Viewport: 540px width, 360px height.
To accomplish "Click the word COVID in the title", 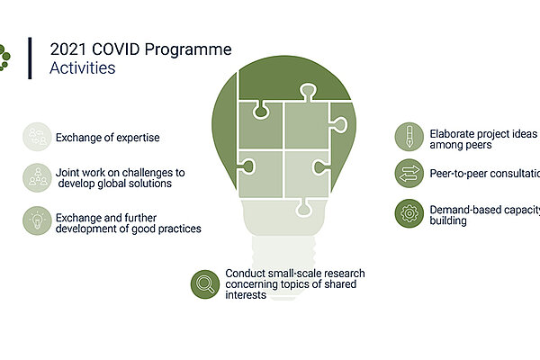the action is tap(116, 49).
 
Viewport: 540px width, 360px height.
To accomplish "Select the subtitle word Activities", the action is tap(82, 67).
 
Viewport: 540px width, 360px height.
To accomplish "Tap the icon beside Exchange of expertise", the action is tap(37, 137).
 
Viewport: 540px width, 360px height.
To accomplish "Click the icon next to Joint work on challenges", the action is tap(37, 177).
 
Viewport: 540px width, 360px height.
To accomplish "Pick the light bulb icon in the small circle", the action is tap(37, 220).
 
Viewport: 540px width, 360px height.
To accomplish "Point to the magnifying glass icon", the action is tap(205, 284).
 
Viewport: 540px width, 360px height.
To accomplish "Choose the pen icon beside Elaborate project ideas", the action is tap(409, 137).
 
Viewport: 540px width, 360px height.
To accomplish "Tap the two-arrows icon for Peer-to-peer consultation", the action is tap(409, 174).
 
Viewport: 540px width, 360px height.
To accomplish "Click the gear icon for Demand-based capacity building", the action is tap(409, 213).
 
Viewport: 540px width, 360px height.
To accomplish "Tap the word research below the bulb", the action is tap(344, 274).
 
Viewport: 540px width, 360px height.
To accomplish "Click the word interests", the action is tap(246, 295).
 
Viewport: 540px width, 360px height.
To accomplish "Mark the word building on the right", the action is tap(448, 220).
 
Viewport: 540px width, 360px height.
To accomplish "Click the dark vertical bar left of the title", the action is tap(30, 58).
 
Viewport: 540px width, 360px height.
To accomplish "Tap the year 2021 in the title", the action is tap(68, 49).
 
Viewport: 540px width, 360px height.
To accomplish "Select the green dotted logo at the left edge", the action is tap(4, 58).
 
